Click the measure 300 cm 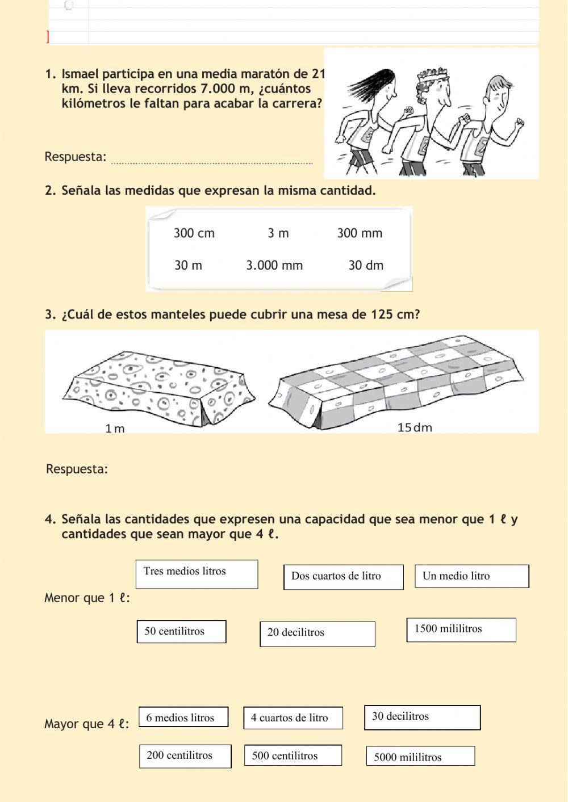[194, 233]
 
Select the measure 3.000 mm [274, 266]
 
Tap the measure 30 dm [366, 266]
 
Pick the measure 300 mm [360, 233]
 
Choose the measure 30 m [188, 266]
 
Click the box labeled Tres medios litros [197, 574]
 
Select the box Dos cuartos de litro [343, 577]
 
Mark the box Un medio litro [471, 576]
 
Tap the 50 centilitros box [181, 632]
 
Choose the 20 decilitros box [317, 633]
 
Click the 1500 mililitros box [461, 629]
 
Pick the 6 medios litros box [183, 717]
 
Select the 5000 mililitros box [420, 756]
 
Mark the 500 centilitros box [293, 755]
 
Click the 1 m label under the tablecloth [115, 429]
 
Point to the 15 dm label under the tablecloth [415, 427]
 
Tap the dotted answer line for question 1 [212, 163]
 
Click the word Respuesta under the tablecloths [77, 469]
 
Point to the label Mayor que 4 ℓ [86, 724]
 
